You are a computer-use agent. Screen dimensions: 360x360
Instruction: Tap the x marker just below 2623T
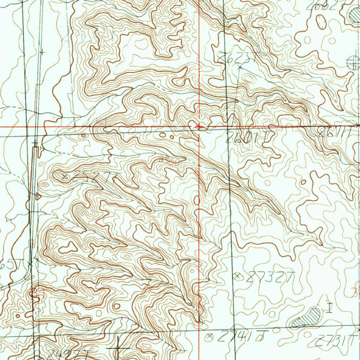(240, 66)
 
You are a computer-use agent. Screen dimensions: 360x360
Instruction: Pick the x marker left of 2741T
(211, 336)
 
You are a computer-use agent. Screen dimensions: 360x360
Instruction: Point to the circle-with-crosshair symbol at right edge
(353, 63)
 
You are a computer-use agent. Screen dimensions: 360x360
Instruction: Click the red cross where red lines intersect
(199, 126)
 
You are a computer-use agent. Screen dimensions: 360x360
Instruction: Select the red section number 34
(35, 291)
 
